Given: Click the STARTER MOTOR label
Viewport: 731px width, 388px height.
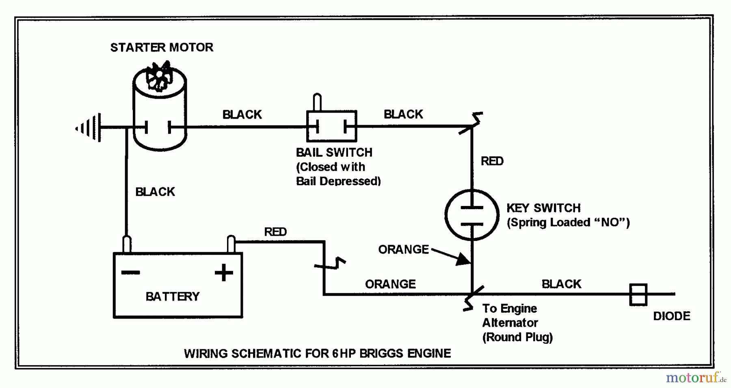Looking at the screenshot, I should [162, 48].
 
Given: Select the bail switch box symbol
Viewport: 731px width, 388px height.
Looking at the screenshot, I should [331, 126].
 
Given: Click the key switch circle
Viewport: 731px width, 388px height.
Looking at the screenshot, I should [472, 215].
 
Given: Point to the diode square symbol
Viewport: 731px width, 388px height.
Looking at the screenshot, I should [638, 294].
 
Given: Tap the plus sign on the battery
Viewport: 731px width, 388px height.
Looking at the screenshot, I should [224, 272].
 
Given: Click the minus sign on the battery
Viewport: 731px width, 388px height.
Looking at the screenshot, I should [131, 272].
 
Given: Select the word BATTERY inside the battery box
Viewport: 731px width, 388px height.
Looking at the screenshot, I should [173, 297].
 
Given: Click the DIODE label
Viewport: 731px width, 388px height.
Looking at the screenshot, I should [671, 316].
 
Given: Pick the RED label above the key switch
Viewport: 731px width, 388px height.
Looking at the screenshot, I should [492, 161].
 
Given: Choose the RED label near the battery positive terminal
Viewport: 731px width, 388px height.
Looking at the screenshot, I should [275, 232].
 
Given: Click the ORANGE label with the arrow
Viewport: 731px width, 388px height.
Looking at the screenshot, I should [403, 249].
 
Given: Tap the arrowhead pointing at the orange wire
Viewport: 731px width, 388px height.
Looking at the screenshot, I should [463, 259].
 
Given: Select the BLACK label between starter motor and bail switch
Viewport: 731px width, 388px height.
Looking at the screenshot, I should [242, 115].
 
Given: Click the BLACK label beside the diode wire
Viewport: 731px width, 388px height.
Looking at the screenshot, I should [561, 284].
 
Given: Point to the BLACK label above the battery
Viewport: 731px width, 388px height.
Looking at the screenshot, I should [155, 192].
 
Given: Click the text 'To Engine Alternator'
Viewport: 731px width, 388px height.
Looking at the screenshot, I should [510, 316].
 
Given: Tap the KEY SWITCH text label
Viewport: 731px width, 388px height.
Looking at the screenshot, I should [543, 208].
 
